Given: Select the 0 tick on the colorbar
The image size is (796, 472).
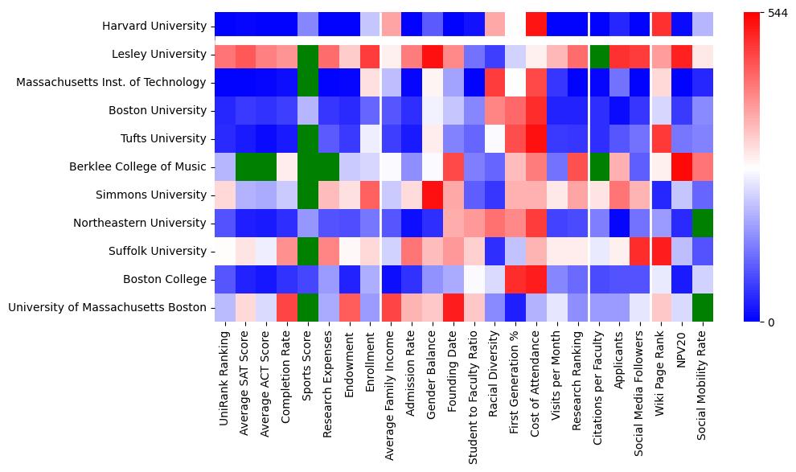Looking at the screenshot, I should (773, 322).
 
